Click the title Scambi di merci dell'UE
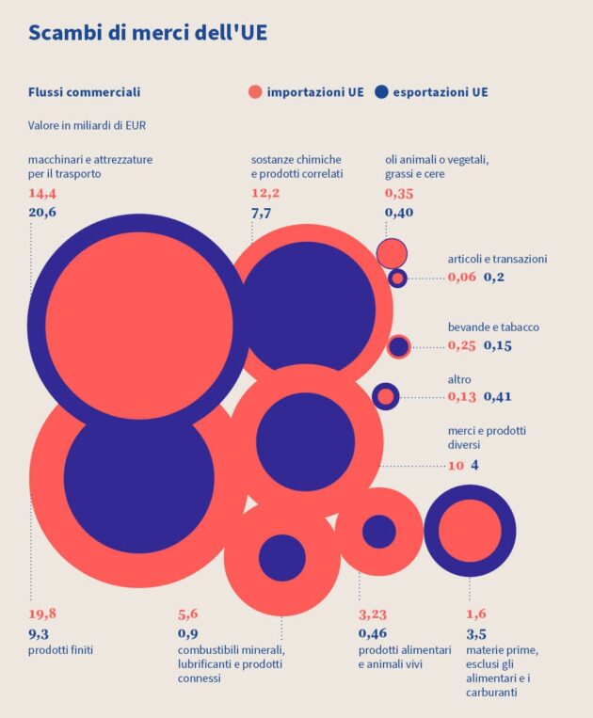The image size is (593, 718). pyautogui.click(x=148, y=33)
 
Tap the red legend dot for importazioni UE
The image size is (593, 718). pyautogui.click(x=254, y=92)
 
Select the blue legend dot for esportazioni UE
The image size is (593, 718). pyautogui.click(x=380, y=92)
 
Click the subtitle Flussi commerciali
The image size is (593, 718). pyautogui.click(x=84, y=92)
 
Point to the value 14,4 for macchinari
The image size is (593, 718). pyautogui.click(x=42, y=194)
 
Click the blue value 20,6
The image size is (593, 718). pyautogui.click(x=42, y=213)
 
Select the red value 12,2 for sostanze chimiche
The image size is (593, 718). pyautogui.click(x=265, y=194)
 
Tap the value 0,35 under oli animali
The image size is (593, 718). pyautogui.click(x=399, y=194)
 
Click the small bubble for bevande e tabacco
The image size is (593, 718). pyautogui.click(x=399, y=346)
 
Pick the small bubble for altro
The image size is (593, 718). pyautogui.click(x=386, y=396)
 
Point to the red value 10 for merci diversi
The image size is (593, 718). pyautogui.click(x=456, y=466)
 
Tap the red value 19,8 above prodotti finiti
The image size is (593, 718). pyautogui.click(x=42, y=614)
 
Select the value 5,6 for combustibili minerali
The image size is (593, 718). pyautogui.click(x=188, y=614)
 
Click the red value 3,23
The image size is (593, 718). pyautogui.click(x=373, y=614)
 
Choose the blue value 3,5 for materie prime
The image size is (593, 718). pyautogui.click(x=476, y=633)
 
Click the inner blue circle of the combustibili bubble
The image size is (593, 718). pyautogui.click(x=281, y=557)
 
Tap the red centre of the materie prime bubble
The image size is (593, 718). pyautogui.click(x=470, y=531)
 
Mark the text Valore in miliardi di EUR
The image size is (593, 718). pyautogui.click(x=87, y=125)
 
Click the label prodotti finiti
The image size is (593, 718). pyautogui.click(x=60, y=650)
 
